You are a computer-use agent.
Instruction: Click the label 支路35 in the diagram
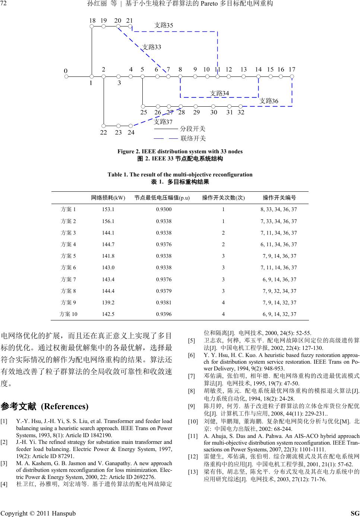164,25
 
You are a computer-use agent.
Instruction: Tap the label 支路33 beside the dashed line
152,47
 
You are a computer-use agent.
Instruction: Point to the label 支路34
219,93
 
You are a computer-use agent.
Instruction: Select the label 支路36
269,101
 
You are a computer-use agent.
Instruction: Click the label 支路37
163,122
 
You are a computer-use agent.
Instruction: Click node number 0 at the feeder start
66,70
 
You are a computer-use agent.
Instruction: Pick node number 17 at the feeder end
292,70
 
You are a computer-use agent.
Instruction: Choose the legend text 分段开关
193,129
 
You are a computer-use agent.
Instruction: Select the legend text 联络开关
193,139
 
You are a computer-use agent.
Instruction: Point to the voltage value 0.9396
164,314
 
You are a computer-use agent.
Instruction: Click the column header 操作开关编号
280,198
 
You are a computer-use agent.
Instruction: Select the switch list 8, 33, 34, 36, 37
279,210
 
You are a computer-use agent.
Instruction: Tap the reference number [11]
193,436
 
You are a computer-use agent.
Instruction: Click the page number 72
4,4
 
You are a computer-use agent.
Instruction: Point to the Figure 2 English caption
180,151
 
